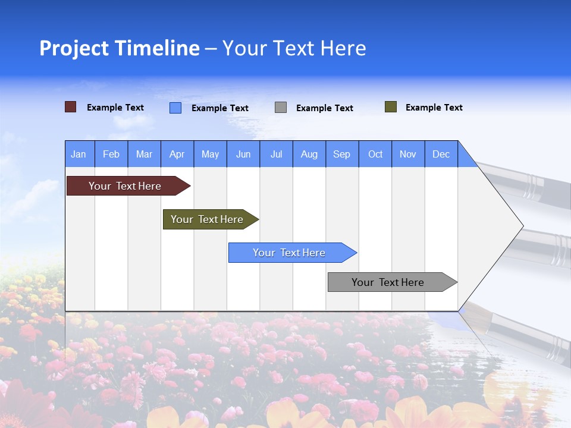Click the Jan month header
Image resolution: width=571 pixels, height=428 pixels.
79,154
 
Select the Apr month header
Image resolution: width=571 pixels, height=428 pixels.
177,154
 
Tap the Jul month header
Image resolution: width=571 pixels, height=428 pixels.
276,154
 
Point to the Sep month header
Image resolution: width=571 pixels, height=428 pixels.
341,154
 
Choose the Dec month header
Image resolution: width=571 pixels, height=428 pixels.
441,154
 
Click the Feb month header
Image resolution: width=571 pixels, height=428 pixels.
111,154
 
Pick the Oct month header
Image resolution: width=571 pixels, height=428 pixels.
375,154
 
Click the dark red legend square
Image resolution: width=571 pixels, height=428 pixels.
71,107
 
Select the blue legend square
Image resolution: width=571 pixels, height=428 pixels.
175,108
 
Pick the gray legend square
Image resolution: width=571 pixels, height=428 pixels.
281,108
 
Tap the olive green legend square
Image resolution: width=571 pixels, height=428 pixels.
391,107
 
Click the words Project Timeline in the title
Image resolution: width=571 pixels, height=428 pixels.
120,48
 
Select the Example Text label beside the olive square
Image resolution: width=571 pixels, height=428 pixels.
434,108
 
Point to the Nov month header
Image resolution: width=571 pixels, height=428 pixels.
408,154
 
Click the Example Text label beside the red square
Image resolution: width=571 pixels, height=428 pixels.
115,108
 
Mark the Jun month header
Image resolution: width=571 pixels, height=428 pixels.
243,154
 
